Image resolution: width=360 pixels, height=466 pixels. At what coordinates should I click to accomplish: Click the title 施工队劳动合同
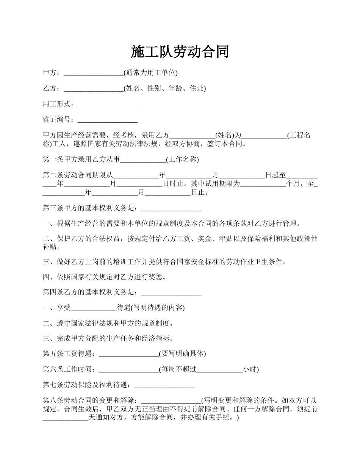[180, 52]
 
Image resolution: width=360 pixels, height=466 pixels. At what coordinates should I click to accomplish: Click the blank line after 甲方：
[94, 73]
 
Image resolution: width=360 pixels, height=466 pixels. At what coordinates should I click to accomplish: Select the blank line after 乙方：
[94, 89]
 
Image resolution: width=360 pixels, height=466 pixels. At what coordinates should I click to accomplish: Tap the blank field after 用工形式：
[107, 105]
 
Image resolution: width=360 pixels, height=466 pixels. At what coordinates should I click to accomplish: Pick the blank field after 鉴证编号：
[107, 120]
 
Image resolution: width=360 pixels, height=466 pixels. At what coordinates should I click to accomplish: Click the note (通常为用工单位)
[150, 73]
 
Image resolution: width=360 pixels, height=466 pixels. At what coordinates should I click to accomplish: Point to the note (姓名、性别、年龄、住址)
[165, 89]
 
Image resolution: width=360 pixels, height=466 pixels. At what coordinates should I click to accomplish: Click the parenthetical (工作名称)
[182, 160]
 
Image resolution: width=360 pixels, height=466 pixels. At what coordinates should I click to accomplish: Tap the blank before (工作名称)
[143, 160]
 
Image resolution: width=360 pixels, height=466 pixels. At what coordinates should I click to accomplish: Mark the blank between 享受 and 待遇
[94, 308]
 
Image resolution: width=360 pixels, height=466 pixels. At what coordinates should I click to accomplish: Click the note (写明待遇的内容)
[151, 308]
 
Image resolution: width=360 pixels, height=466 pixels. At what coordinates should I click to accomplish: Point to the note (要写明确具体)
[182, 354]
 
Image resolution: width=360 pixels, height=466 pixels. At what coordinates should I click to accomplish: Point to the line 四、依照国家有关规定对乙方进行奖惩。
[105, 277]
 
